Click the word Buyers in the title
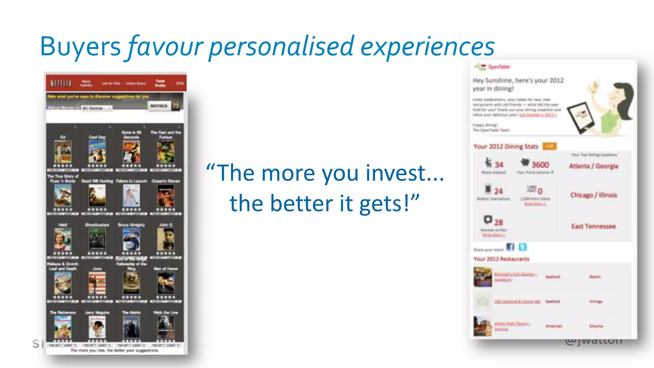pyautogui.click(x=80, y=47)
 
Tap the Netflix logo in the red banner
pyautogui.click(x=61, y=83)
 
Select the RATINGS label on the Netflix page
pyautogui.click(x=159, y=106)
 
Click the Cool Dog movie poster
pyautogui.click(x=97, y=152)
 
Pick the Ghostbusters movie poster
pyautogui.click(x=97, y=240)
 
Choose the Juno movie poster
pyautogui.click(x=97, y=283)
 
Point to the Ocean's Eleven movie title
pyautogui.click(x=166, y=181)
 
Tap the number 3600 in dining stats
pyautogui.click(x=540, y=165)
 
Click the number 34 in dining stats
pyautogui.click(x=499, y=165)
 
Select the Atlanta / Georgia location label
pyautogui.click(x=593, y=166)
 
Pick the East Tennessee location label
pyautogui.click(x=593, y=226)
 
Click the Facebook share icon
pyautogui.click(x=510, y=247)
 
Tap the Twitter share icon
pyautogui.click(x=522, y=247)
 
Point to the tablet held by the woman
pyautogui.click(x=581, y=117)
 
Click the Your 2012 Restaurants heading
pyautogui.click(x=501, y=259)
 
